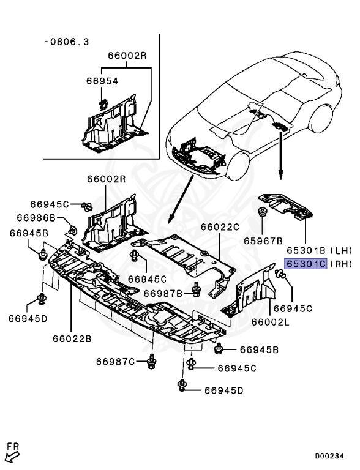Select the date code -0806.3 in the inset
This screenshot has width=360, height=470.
[x=67, y=42]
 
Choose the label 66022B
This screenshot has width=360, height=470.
[x=71, y=337]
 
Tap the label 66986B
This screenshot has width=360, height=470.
[x=36, y=218]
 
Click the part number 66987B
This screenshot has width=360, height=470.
[x=163, y=293]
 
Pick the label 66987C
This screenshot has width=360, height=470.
[x=115, y=362]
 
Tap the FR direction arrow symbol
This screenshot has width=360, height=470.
[x=12, y=453]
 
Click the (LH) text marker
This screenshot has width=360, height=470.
[x=340, y=251]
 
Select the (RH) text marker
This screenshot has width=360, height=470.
[x=340, y=264]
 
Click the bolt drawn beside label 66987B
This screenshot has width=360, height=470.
[x=195, y=290]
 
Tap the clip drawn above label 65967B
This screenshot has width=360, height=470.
[x=263, y=214]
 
